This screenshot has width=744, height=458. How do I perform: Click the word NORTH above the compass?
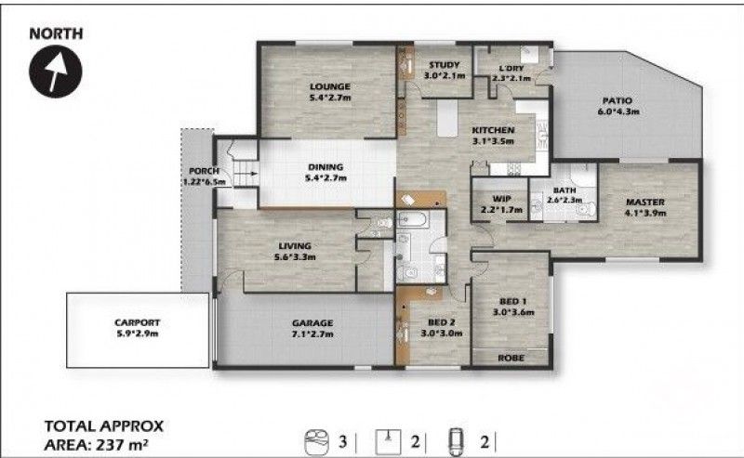click(58, 33)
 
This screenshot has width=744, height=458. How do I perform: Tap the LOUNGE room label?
click(330, 88)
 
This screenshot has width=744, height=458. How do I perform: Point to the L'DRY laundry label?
click(511, 68)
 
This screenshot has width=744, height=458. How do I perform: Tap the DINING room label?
click(326, 168)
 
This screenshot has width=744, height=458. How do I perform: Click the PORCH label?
click(203, 171)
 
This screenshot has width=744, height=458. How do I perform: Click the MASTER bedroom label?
click(644, 202)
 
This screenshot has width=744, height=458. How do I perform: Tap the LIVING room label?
click(294, 246)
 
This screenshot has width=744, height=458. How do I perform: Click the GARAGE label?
click(312, 323)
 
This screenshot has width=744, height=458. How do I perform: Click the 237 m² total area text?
click(122, 444)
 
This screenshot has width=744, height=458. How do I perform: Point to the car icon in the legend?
click(456, 439)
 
